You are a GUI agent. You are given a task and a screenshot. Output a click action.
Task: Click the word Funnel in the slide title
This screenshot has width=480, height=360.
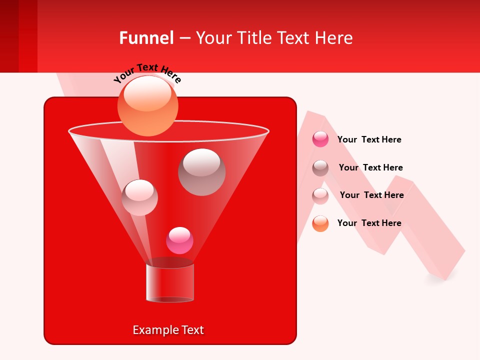point(146,38)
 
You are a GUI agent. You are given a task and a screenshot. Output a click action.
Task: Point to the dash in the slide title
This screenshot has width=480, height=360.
point(184,38)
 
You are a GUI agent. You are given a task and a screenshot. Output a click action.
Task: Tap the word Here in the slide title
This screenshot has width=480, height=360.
point(335,38)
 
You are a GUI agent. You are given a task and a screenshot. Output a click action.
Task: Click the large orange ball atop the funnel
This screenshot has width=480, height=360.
point(147,105)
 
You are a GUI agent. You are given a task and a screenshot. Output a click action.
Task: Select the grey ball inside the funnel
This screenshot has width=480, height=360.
point(201,172)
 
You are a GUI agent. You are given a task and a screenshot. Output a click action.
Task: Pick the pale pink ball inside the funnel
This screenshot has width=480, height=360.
point(139,197)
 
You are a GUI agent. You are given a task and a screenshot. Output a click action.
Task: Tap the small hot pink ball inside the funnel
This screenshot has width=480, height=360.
point(179,240)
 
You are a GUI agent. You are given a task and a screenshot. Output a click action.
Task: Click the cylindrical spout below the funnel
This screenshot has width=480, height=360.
point(170,282)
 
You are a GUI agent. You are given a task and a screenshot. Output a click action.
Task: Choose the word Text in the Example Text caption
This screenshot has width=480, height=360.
point(192,330)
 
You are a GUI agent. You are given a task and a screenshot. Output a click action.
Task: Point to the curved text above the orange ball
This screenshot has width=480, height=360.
point(147,73)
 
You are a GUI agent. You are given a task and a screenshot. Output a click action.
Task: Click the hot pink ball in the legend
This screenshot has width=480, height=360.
point(320,139)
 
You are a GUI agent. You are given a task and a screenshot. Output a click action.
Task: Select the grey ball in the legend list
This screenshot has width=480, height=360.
point(320,167)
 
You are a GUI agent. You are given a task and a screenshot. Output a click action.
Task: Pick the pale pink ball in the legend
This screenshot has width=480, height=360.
point(320,195)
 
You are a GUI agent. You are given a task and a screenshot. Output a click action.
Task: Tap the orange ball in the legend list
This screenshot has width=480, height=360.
point(320,223)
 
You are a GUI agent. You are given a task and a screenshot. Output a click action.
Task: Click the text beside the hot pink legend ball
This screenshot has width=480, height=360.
point(369,139)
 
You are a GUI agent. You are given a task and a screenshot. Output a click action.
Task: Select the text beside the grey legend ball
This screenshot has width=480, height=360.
point(370,167)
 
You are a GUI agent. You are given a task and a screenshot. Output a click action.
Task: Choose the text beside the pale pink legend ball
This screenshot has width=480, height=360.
point(371,195)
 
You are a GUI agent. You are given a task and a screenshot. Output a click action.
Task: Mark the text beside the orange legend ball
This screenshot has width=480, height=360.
point(369,223)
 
